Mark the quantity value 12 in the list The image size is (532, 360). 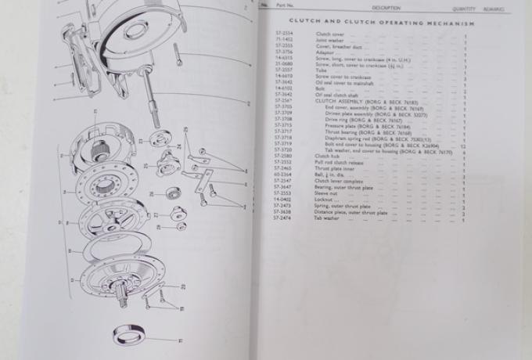click(x=463, y=146)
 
